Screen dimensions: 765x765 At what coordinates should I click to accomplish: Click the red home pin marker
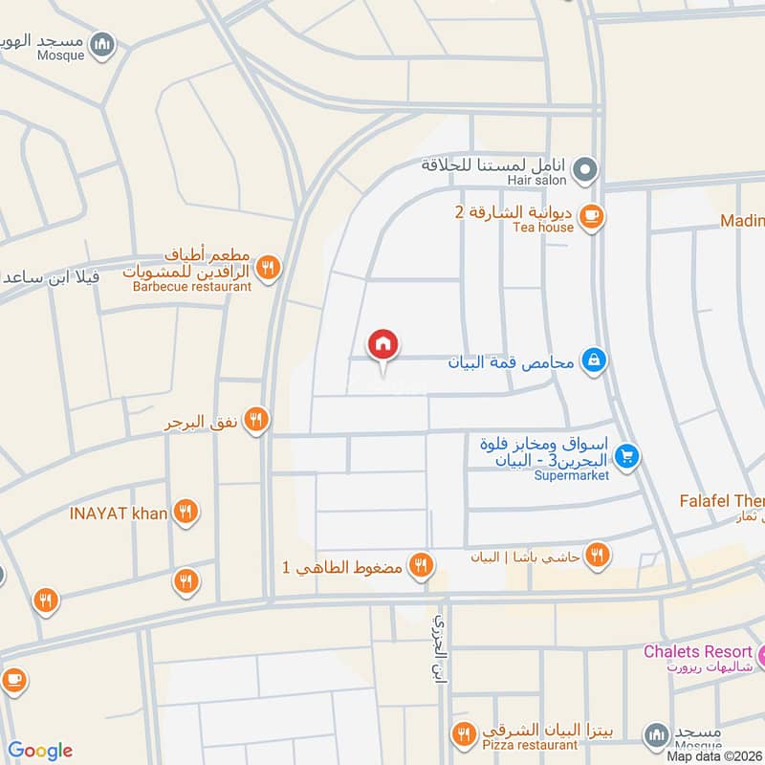tap(383, 344)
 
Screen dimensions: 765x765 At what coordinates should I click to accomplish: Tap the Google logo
tap(40, 751)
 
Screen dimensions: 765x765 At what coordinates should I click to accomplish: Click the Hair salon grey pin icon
tap(588, 171)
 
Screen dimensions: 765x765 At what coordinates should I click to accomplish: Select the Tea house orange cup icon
tap(592, 217)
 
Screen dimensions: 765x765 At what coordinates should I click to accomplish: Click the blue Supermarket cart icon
tap(626, 456)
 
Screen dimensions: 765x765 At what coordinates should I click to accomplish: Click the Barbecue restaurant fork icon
tap(269, 268)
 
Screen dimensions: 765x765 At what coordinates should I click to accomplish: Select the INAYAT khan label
tap(119, 514)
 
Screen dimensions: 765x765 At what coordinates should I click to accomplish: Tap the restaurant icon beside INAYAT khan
tap(186, 514)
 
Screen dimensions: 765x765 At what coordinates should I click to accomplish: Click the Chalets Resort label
tap(697, 652)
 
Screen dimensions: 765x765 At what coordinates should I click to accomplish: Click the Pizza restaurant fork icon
tap(465, 734)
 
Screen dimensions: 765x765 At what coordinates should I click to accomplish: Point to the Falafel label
tap(721, 501)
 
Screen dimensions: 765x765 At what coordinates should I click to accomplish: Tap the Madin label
tap(742, 221)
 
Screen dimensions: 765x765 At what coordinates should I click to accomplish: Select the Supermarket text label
tap(571, 475)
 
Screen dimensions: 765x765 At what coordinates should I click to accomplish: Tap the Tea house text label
tap(543, 228)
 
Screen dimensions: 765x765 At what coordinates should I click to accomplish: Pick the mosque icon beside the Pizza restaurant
tap(655, 734)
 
